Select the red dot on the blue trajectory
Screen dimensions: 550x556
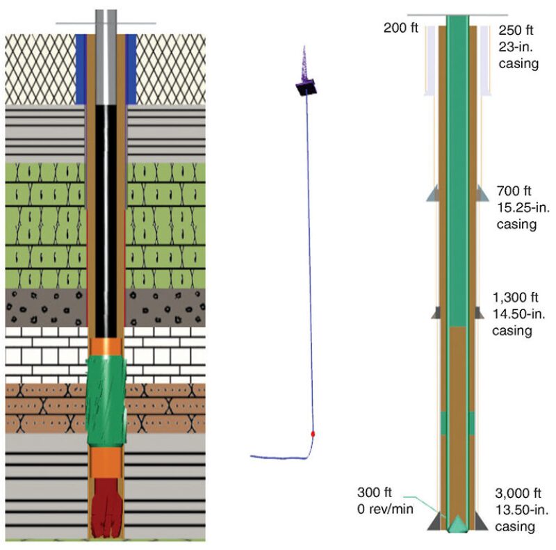pyautogui.click(x=313, y=433)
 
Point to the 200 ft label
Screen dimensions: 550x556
pyautogui.click(x=401, y=29)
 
